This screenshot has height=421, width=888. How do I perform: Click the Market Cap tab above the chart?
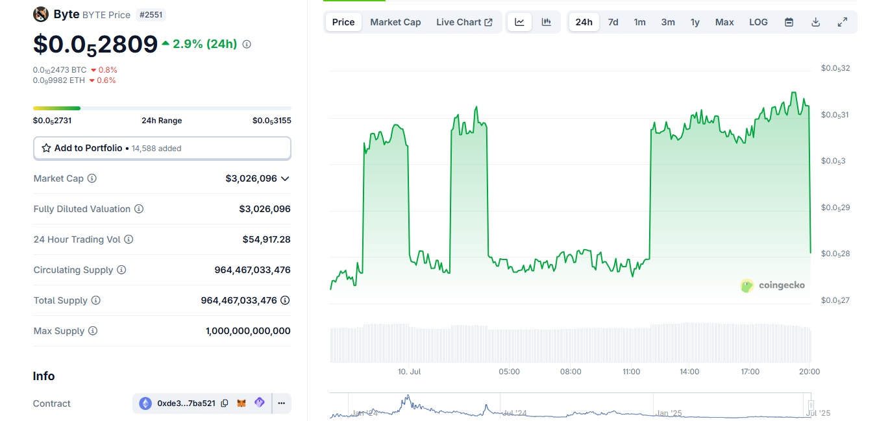click(395, 22)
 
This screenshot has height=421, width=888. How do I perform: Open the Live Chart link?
click(463, 22)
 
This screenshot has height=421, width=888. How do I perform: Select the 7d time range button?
click(613, 22)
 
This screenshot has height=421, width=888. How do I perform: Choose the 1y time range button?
click(695, 22)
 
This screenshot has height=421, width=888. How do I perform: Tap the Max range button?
click(724, 22)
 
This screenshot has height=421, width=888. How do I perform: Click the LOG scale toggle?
click(758, 22)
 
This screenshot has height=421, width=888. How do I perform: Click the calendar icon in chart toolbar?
click(789, 22)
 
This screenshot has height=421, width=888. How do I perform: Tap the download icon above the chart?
click(816, 22)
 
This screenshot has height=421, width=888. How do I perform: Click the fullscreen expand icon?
click(842, 22)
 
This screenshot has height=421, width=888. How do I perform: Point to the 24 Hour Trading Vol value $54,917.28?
click(266, 239)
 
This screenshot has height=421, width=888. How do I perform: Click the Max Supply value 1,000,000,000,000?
click(248, 331)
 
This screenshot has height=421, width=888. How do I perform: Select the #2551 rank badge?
click(151, 14)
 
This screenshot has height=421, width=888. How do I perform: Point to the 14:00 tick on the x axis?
click(689, 372)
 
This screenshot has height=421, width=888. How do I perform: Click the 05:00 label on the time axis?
click(509, 372)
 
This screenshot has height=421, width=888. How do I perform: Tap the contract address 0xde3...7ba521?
click(186, 403)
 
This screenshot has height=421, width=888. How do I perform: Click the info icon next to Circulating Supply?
click(121, 270)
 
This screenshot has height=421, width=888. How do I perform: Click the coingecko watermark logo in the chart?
click(772, 285)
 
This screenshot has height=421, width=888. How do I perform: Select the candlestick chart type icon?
click(547, 22)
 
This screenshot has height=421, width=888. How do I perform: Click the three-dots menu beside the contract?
click(281, 403)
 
